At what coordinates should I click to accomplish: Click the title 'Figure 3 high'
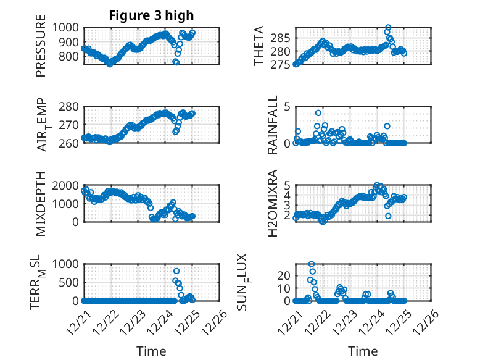pyautogui.click(x=151, y=15)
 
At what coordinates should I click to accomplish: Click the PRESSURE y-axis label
pyautogui.click(x=41, y=50)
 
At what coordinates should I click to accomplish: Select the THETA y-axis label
pyautogui.click(x=260, y=46)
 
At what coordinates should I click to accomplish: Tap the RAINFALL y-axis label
pyautogui.click(x=273, y=125)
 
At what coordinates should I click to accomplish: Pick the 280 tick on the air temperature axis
pyautogui.click(x=69, y=107)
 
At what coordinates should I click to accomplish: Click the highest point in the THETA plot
pyautogui.click(x=387, y=28)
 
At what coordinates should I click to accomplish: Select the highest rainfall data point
pyautogui.click(x=318, y=113)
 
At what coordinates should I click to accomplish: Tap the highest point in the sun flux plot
pyautogui.click(x=312, y=264)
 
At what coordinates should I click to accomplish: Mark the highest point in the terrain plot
pyautogui.click(x=176, y=271)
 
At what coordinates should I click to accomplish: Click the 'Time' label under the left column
pyautogui.click(x=151, y=351)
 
